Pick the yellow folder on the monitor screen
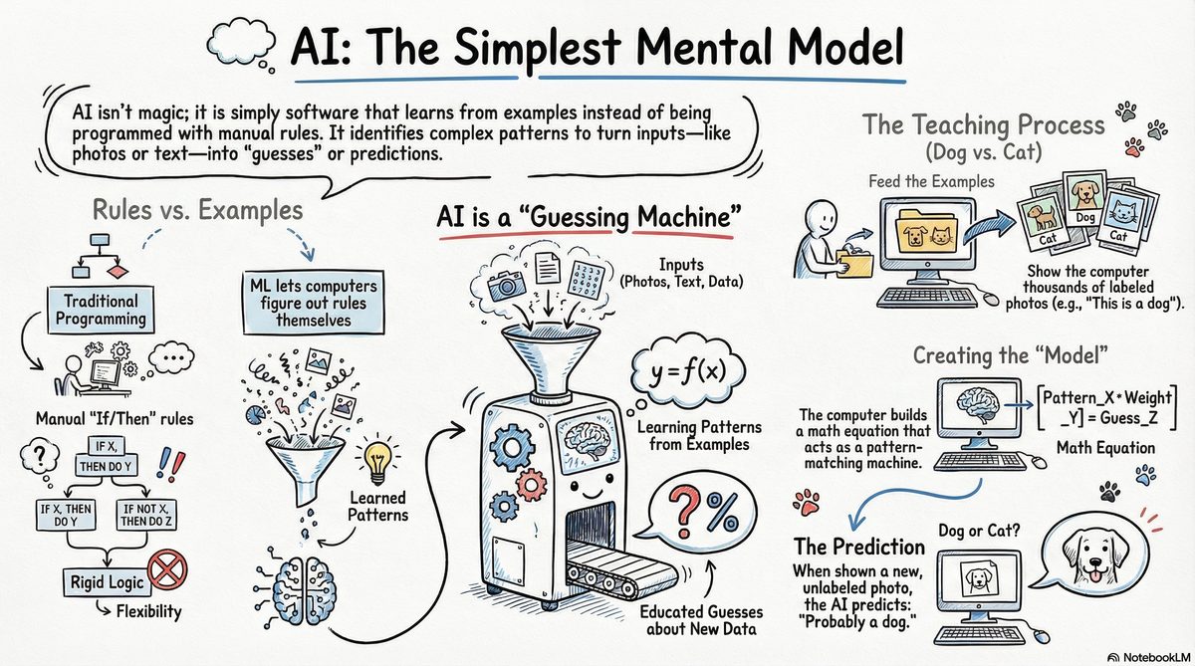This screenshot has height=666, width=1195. (923, 232)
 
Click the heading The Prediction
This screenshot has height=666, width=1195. (859, 548)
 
